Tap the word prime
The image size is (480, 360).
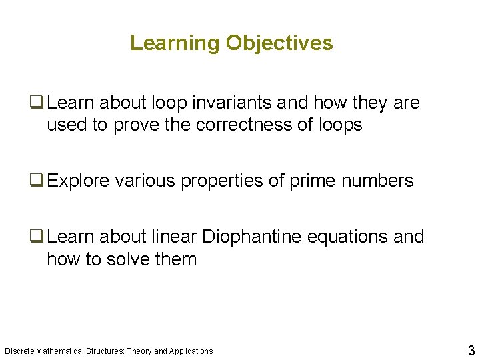[x=312, y=181]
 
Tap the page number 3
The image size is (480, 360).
[x=471, y=350]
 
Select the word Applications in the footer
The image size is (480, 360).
[x=191, y=351]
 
